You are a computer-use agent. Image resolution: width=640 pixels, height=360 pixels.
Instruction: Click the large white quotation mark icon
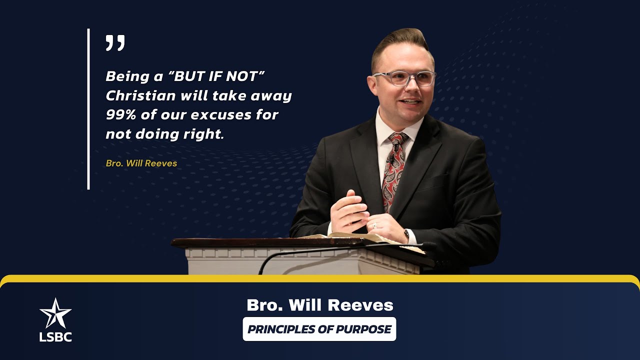115,43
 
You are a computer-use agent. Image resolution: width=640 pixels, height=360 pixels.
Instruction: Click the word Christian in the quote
133,95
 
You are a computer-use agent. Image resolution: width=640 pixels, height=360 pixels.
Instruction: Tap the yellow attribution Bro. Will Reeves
141,163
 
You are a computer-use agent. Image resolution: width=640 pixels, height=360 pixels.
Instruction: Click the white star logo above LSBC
55,313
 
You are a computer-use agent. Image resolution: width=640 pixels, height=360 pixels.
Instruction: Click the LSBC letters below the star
55,337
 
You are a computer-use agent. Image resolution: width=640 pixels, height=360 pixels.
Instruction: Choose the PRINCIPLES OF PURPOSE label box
319,329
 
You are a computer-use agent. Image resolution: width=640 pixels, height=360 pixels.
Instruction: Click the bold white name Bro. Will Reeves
319,305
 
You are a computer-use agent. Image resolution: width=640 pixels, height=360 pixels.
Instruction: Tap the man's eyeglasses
403,78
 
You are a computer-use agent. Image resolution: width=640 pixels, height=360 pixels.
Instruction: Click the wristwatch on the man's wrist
406,234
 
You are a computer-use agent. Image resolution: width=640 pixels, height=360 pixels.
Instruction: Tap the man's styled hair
400,42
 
